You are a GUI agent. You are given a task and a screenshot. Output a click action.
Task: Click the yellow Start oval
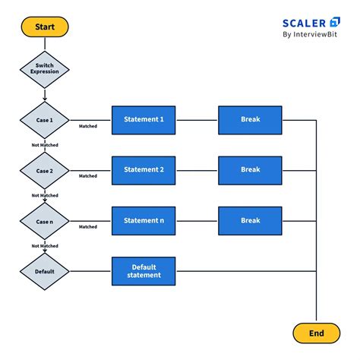[44, 27]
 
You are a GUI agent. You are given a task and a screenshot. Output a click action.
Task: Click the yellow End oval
[317, 333]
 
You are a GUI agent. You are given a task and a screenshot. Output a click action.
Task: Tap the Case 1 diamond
[44, 120]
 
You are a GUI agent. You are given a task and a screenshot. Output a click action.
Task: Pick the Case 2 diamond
[44, 171]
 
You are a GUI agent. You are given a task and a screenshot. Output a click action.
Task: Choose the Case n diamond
[44, 221]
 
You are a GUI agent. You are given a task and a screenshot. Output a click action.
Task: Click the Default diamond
[44, 271]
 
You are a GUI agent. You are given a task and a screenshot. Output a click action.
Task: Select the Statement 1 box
[144, 120]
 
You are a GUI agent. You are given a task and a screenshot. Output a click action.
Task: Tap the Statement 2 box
[144, 170]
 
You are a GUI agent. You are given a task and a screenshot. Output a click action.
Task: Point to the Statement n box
[144, 220]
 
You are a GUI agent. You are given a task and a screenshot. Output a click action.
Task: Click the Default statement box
[144, 271]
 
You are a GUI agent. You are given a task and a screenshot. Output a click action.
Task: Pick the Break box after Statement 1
[251, 120]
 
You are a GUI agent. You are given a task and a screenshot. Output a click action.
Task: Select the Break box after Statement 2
[251, 170]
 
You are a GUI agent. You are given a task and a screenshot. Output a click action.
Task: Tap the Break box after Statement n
[251, 220]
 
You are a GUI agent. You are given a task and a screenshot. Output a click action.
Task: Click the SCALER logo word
[306, 23]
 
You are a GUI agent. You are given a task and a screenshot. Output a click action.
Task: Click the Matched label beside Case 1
[88, 126]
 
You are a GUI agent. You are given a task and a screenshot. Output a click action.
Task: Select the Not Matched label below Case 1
[44, 145]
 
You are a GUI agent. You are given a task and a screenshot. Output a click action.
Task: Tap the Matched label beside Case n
[88, 226]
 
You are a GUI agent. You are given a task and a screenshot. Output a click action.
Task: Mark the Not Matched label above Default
[44, 246]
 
